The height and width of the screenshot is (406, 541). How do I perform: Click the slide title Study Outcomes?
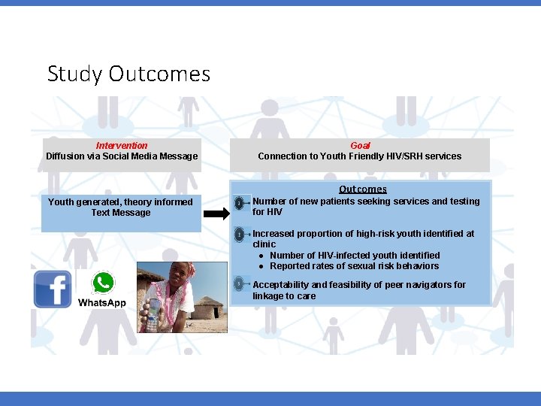click(128, 74)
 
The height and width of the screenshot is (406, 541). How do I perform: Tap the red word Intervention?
click(122, 145)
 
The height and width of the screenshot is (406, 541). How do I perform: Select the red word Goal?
click(360, 145)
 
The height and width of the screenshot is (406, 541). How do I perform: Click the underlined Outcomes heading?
click(362, 189)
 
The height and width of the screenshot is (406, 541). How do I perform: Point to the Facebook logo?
click(53, 289)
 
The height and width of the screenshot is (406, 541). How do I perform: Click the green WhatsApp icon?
click(103, 283)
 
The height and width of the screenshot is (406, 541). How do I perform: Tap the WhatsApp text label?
click(102, 302)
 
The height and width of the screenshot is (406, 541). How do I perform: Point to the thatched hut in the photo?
click(209, 294)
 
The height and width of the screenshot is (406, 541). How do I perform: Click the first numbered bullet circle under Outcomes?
click(239, 203)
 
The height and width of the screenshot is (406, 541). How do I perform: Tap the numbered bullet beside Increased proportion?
click(239, 235)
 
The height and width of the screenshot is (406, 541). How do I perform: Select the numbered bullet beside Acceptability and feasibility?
click(239, 284)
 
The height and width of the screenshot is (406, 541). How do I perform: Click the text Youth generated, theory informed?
click(120, 201)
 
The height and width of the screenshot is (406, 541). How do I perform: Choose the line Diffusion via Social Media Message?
click(122, 156)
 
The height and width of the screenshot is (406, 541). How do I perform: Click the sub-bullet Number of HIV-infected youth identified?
click(355, 255)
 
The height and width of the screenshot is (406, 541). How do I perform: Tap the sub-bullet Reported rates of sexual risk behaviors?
click(354, 266)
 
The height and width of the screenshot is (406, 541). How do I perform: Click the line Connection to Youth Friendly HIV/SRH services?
click(360, 156)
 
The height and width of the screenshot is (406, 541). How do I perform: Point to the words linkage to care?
click(284, 296)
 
